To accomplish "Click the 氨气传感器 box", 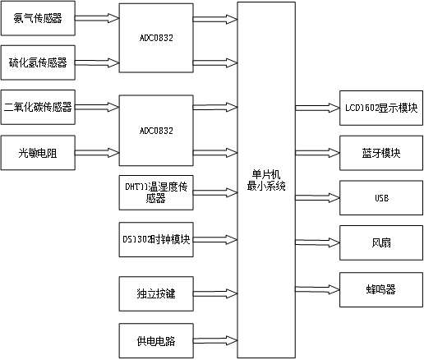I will pos(38,17).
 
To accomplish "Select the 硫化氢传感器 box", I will pos(38,62).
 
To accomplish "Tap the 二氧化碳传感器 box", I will pos(38,107).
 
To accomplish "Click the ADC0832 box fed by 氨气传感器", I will pos(156,37).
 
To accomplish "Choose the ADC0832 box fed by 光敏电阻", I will pos(156,130).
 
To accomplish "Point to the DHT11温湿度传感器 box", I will pos(156,193).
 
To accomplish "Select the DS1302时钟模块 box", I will pos(156,239).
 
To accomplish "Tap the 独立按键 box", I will pos(156,292).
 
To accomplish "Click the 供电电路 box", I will pos(156,339).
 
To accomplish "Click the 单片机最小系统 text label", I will pos(266,181).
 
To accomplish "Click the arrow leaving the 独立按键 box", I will pos(215,292).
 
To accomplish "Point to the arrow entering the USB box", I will pos(317,198).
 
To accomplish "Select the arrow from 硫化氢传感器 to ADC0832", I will pos(97,62).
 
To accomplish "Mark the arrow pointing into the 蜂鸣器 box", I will pos(317,289).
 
